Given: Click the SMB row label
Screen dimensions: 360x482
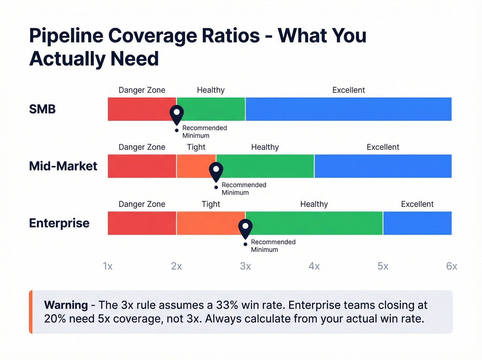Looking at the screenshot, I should pyautogui.click(x=42, y=109).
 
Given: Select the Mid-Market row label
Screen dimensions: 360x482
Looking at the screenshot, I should pyautogui.click(x=63, y=166).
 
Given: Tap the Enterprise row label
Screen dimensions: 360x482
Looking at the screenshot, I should pyautogui.click(x=59, y=223).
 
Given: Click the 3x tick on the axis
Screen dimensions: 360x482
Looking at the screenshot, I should pyautogui.click(x=245, y=266).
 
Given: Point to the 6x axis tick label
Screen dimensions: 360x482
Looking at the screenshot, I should pyautogui.click(x=451, y=266).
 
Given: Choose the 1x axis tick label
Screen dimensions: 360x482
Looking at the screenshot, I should pyautogui.click(x=108, y=266).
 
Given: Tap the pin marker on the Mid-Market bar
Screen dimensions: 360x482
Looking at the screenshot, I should pyautogui.click(x=216, y=171).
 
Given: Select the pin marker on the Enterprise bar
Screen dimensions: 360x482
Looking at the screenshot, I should pyautogui.click(x=245, y=228).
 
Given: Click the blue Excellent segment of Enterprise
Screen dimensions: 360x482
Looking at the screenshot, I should pyautogui.click(x=417, y=223).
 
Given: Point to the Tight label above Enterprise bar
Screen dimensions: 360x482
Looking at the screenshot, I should pyautogui.click(x=211, y=204).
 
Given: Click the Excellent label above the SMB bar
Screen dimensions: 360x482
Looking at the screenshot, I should pyautogui.click(x=348, y=90).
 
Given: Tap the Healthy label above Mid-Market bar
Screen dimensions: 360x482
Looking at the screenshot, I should pyautogui.click(x=265, y=147).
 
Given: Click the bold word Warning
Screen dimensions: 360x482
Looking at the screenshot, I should pyautogui.click(x=66, y=305).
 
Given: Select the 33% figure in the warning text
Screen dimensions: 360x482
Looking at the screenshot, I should pyautogui.click(x=227, y=305).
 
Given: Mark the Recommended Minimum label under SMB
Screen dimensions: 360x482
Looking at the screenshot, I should pyautogui.click(x=204, y=132).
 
